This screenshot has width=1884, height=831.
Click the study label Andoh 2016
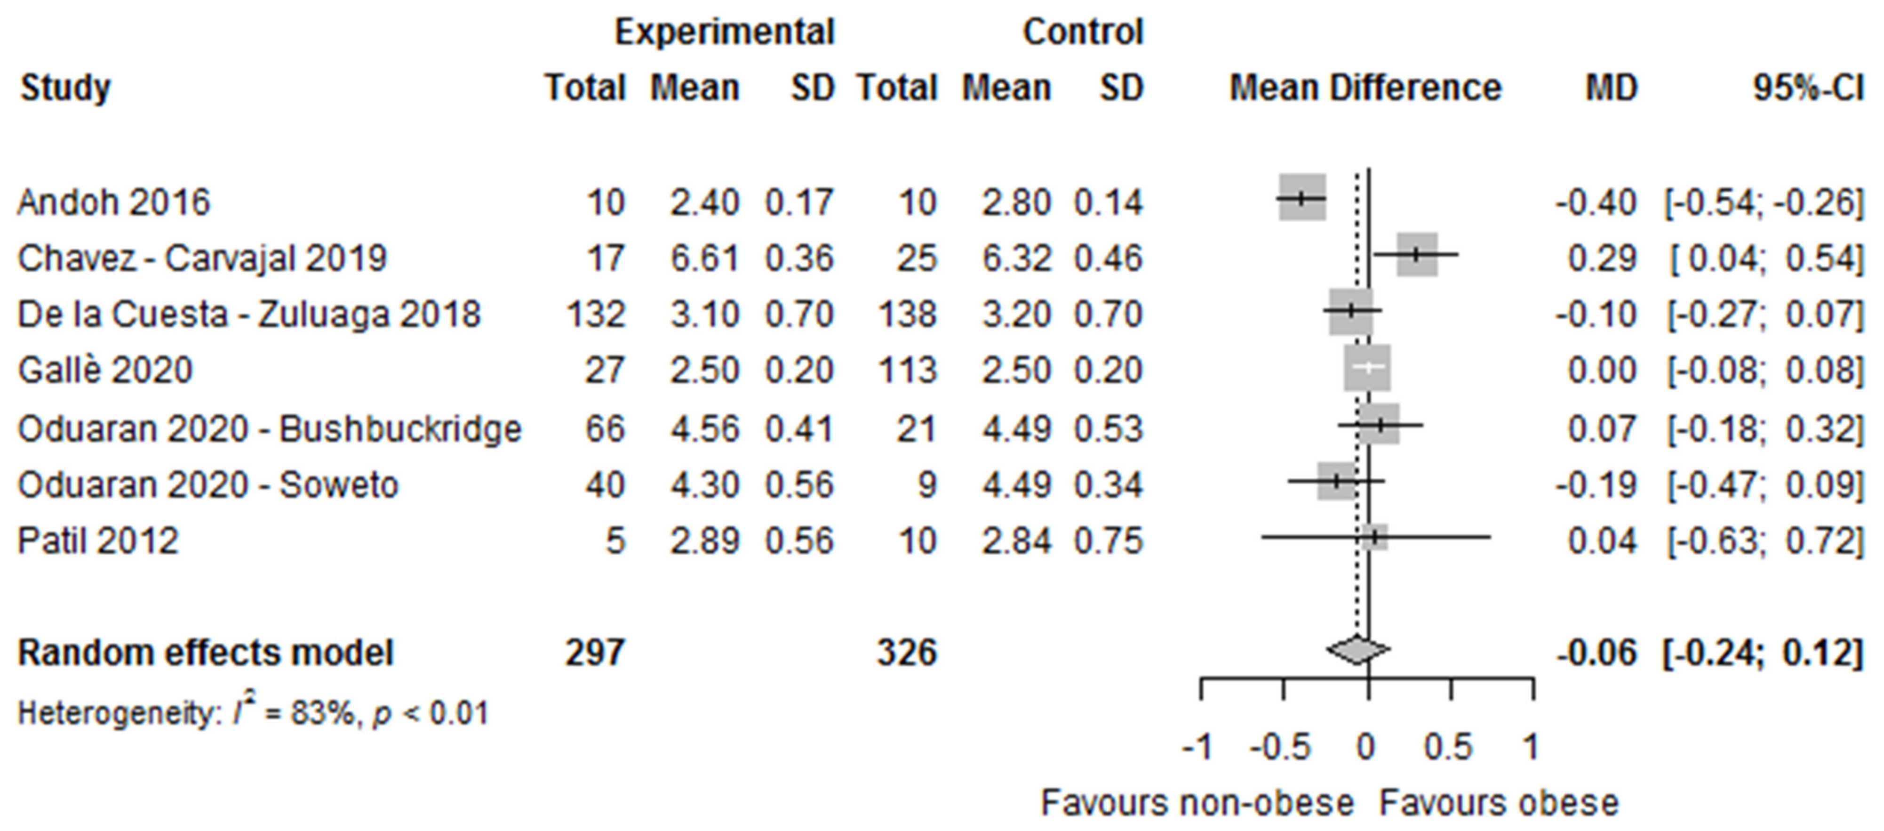click(x=113, y=202)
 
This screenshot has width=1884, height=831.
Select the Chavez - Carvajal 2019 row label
click(x=202, y=258)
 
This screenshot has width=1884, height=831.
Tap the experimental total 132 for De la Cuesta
click(x=595, y=315)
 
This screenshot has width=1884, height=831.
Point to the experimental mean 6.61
click(x=704, y=258)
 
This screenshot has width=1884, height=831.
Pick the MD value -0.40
click(x=1596, y=202)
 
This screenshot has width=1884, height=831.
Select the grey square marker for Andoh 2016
click(x=1302, y=197)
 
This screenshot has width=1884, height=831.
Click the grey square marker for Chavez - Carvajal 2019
click(x=1417, y=255)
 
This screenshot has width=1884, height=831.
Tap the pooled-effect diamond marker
click(x=1357, y=650)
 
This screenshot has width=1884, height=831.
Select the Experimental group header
click(x=724, y=32)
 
